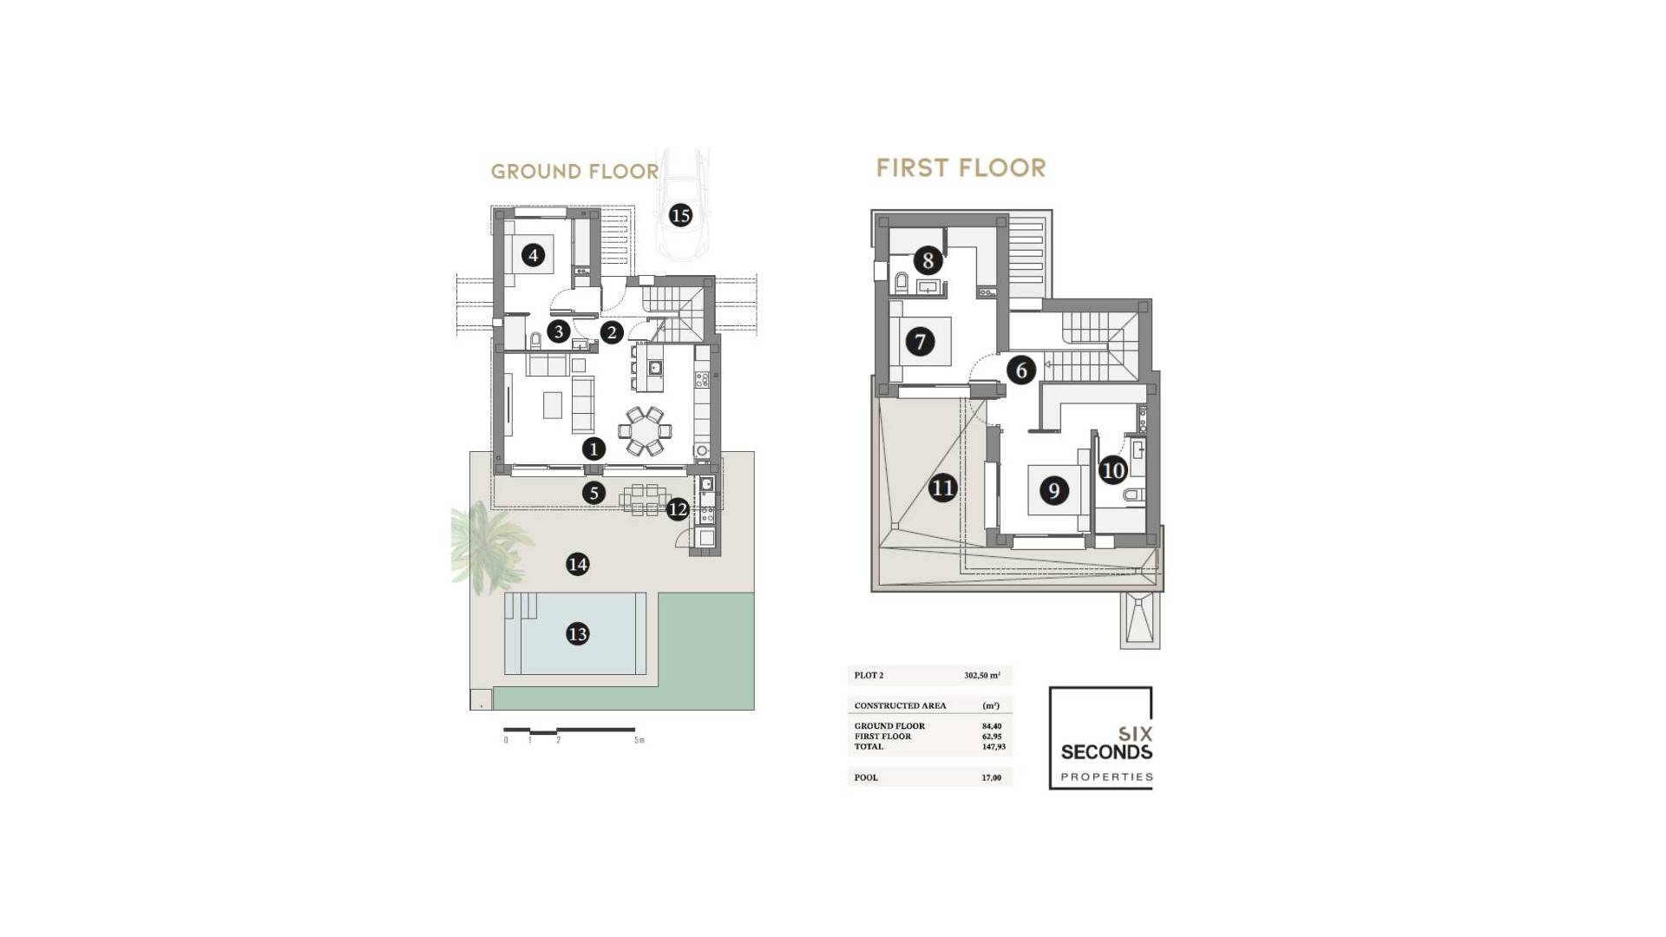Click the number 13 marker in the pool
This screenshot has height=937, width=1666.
pos(577,634)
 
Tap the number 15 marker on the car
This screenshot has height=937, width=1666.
pos(680,215)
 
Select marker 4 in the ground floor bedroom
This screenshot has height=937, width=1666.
pos(533,255)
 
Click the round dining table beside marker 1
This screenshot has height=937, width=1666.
pos(645,430)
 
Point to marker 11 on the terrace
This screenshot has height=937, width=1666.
pos(942,488)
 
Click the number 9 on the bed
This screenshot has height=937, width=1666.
pos(1053,491)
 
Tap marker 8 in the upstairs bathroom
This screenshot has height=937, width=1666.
pos(928,259)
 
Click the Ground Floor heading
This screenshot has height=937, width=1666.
pos(574,172)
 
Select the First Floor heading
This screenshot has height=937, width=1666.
pos(961,167)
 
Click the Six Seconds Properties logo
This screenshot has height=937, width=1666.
pos(1101,738)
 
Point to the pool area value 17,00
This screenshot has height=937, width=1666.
pos(991,777)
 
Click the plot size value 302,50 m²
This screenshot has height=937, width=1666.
pos(982,675)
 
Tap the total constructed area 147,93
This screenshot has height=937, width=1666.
pos(994,746)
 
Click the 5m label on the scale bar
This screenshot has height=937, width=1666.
pos(640,740)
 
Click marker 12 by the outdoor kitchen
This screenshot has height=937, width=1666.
pos(678,509)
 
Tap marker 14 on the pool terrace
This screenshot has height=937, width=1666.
pos(577,565)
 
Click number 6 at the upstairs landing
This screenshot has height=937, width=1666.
pos(1021,370)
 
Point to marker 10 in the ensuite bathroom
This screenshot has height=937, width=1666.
pos(1112,470)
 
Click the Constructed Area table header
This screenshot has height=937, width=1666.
pos(900,705)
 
